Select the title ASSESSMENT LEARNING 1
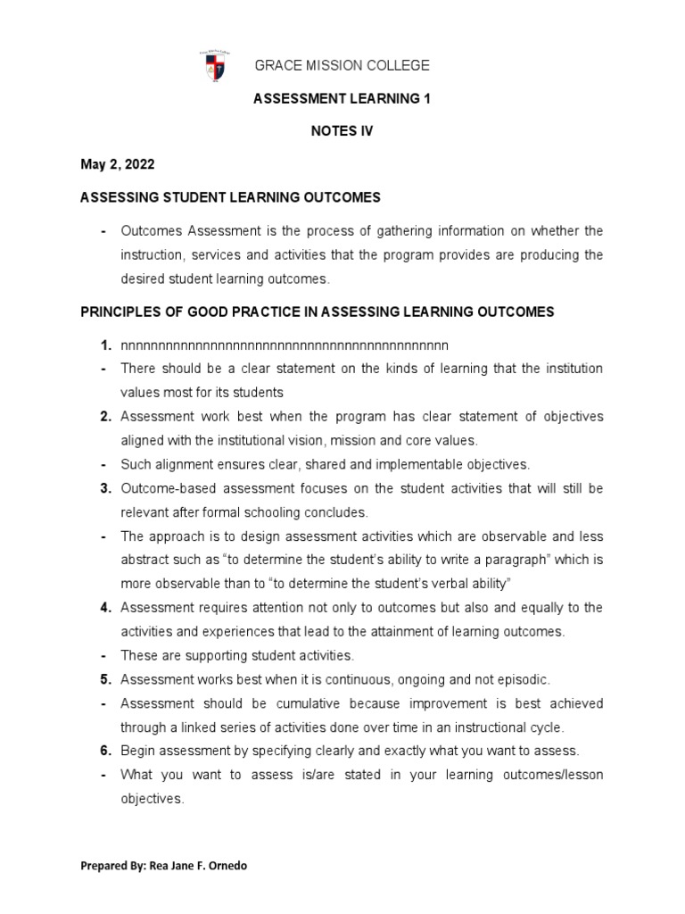(342, 99)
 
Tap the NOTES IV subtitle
(342, 131)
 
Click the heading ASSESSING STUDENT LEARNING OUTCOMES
(231, 197)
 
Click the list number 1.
(105, 345)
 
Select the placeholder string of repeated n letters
(284, 345)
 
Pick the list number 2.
(105, 417)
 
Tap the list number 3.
(105, 488)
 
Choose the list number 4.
(105, 608)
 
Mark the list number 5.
(105, 679)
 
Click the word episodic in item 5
(524, 679)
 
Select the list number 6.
(105, 751)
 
